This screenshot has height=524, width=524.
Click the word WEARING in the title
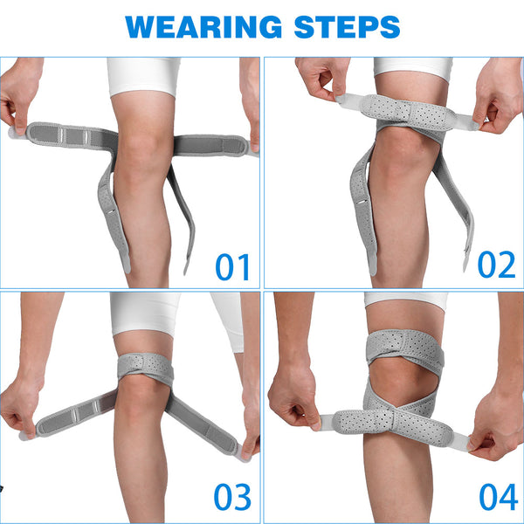click(203, 27)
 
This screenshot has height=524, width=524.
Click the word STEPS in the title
click(347, 27)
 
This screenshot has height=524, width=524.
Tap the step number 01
click(232, 267)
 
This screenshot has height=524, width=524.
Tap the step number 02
click(497, 265)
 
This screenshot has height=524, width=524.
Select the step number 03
click(232, 497)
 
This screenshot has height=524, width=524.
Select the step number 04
click(499, 497)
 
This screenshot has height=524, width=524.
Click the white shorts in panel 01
click(144, 76)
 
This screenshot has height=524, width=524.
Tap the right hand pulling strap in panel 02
click(498, 97)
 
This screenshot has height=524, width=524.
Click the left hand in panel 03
click(21, 406)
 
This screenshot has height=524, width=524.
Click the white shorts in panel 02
click(413, 68)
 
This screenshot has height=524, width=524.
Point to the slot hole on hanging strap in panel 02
click(361, 202)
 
